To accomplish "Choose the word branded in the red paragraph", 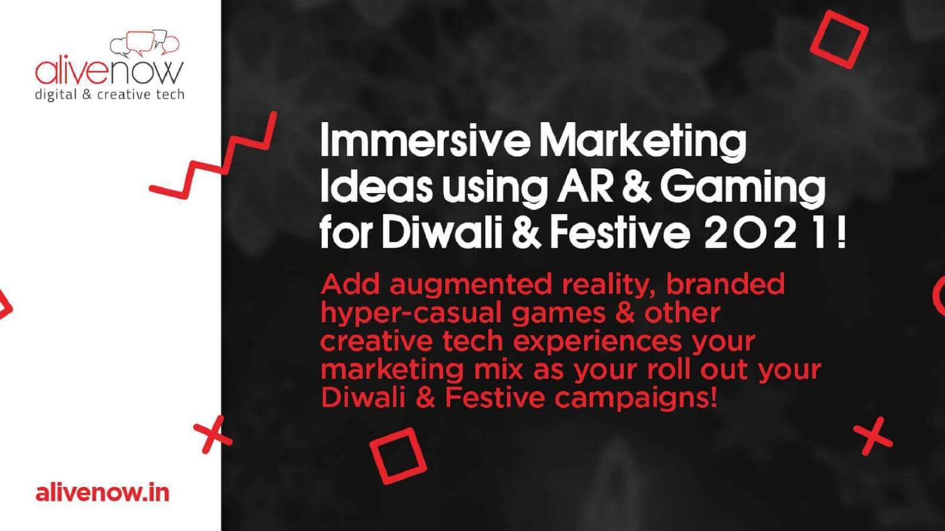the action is (725, 284).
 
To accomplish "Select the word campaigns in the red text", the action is (636, 399).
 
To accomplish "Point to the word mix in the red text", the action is (498, 369).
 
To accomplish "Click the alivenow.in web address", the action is (103, 493).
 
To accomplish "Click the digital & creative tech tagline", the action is (110, 95).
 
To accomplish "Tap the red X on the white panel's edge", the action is (213, 434).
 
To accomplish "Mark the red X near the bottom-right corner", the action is (873, 437).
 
